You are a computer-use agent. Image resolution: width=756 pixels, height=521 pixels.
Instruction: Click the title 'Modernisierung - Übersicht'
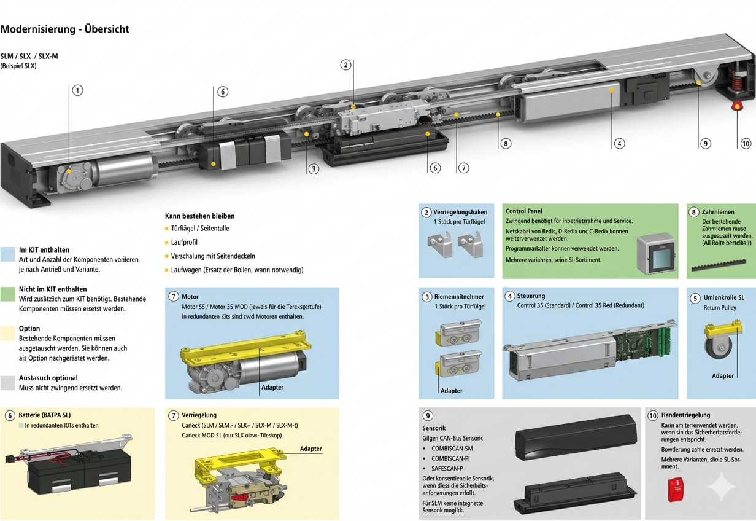[65, 29]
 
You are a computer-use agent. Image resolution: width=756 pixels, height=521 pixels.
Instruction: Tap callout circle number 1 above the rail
[77, 90]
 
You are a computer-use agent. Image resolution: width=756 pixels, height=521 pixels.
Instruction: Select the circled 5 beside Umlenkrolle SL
[694, 298]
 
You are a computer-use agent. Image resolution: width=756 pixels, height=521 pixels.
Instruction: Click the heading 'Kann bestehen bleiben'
[199, 216]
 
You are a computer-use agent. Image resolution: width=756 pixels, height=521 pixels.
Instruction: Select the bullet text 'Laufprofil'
[184, 243]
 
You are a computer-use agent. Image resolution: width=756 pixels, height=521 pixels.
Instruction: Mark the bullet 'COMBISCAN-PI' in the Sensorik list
[450, 458]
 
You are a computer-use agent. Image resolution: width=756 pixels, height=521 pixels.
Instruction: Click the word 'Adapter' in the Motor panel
[272, 388]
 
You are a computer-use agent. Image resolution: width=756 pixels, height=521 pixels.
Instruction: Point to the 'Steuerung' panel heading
[531, 296]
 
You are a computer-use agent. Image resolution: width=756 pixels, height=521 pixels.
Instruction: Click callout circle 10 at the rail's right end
[746, 144]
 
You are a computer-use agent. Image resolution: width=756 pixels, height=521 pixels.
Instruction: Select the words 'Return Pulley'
[720, 308]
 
